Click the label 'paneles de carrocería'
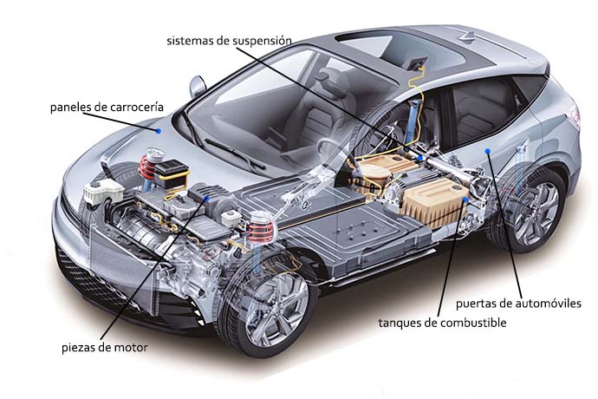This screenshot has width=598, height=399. point(106,108)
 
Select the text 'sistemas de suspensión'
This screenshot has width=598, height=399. point(229,40)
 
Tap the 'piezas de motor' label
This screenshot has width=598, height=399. point(104,348)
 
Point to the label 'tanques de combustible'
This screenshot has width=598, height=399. point(442,323)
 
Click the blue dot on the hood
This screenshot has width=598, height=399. point(158,130)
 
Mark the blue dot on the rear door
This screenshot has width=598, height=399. point(490,151)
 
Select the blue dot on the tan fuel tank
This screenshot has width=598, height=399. point(466,200)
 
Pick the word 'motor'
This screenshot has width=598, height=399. point(129,348)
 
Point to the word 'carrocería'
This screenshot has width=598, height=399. point(134,108)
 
